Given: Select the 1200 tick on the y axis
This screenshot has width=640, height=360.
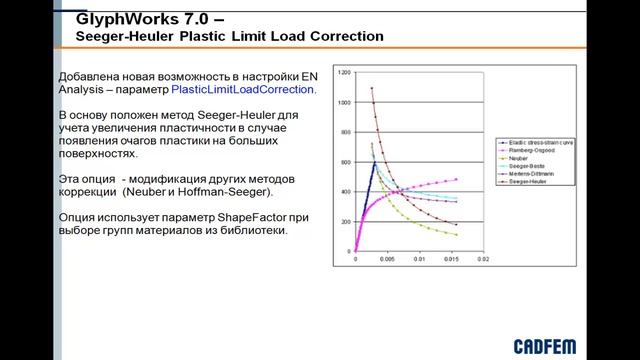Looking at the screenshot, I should click(x=343, y=73).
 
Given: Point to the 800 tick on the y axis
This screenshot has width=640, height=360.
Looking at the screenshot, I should click(x=345, y=132).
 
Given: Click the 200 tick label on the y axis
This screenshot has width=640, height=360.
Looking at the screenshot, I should click(x=345, y=221).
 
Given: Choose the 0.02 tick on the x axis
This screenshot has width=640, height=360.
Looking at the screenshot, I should click(x=482, y=259).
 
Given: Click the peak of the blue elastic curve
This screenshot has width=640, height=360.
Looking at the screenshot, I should click(x=374, y=162).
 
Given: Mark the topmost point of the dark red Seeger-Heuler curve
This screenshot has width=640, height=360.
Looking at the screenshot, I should click(x=372, y=88).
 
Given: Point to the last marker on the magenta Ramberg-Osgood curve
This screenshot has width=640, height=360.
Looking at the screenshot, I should click(x=456, y=180).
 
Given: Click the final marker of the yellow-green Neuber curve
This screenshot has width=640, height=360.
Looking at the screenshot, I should click(x=456, y=235).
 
